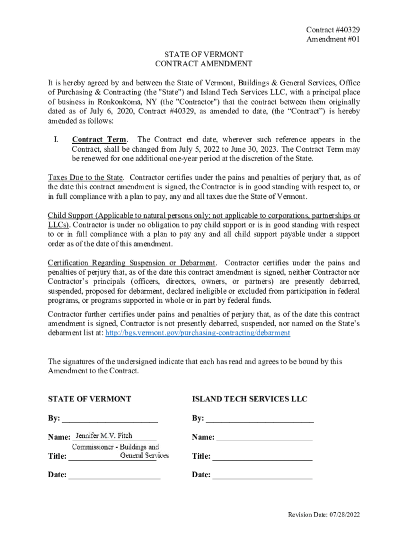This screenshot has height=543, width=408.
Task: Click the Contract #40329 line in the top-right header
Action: click(x=330, y=30)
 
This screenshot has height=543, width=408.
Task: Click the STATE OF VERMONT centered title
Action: click(x=203, y=55)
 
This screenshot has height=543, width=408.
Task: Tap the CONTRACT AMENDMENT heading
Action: click(x=203, y=64)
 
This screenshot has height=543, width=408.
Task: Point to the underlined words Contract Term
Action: click(x=99, y=139)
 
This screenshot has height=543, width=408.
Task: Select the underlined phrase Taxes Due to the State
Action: click(x=85, y=177)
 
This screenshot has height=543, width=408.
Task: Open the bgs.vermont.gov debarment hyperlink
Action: click(x=198, y=333)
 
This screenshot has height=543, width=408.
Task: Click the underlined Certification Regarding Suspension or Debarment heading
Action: click(x=132, y=263)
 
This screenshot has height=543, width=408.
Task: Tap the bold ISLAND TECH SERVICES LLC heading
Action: click(x=250, y=399)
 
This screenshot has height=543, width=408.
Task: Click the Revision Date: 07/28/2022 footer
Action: click(x=324, y=515)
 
